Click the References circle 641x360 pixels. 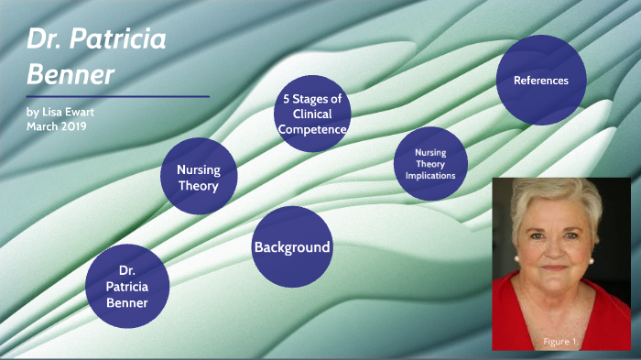[541, 81]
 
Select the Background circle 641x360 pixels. [291, 247]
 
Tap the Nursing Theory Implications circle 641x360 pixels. [429, 163]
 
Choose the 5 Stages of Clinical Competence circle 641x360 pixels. [312, 115]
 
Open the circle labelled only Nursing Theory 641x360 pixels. [198, 177]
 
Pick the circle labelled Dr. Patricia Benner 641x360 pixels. [127, 287]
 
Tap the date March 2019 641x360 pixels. [56, 126]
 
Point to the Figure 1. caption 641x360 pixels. [560, 342]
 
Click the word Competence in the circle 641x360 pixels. [312, 129]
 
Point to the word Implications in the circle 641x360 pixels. [430, 174]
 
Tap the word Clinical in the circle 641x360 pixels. [312, 115]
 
